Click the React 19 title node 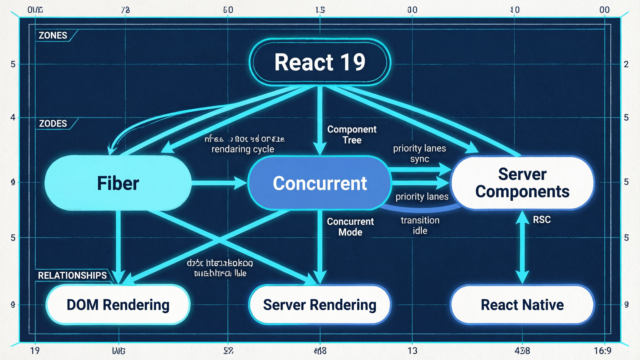(320, 62)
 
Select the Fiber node (118, 183)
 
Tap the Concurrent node (320, 183)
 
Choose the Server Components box (522, 183)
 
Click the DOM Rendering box (118, 305)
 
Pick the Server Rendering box (320, 305)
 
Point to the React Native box (522, 305)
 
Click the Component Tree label (352, 134)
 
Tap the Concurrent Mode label (350, 227)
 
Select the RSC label (542, 220)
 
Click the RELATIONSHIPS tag (72, 275)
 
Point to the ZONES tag (53, 35)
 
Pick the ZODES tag (53, 124)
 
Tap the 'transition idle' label (420, 225)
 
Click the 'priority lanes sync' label (419, 153)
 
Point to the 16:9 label (602, 351)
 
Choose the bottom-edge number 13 (412, 351)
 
